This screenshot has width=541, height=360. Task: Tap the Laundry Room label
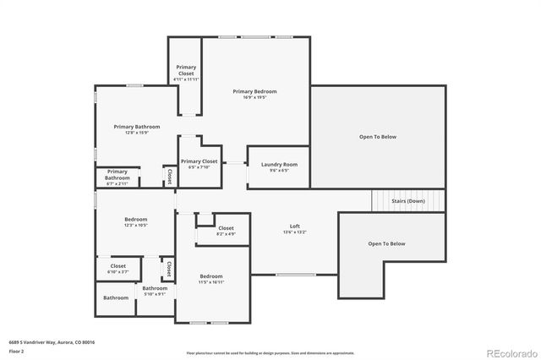click(278, 164)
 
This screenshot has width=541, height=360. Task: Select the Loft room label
click(295, 226)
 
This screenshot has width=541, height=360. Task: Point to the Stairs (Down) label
click(408, 201)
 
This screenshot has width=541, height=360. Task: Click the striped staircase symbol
click(380, 201)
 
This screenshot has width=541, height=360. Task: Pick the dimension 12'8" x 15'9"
click(136, 133)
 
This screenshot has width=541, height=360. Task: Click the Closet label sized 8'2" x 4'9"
click(226, 228)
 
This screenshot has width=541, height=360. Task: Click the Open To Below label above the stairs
click(377, 136)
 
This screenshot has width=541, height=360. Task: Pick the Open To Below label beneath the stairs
click(386, 243)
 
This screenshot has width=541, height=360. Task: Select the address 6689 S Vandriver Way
click(52, 341)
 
